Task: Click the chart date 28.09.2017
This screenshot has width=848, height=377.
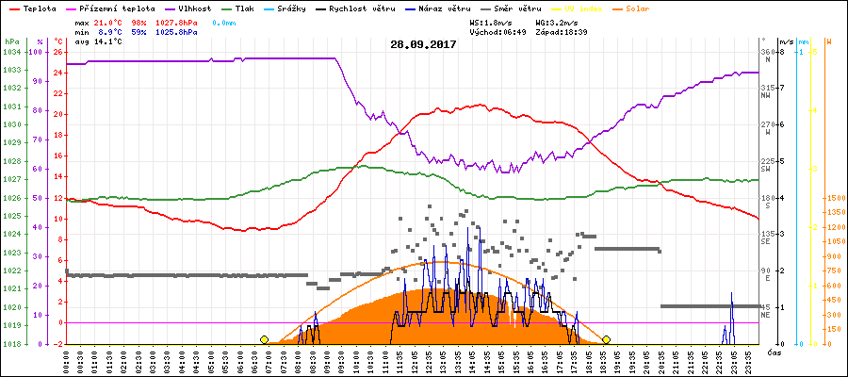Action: (423, 43)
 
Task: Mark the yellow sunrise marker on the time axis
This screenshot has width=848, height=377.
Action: (264, 339)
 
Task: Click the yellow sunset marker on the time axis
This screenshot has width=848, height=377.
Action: (606, 339)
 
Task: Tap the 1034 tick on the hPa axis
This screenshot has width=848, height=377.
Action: (11, 52)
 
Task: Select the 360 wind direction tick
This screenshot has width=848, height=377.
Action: (766, 52)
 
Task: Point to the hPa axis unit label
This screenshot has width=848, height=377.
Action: (11, 42)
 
